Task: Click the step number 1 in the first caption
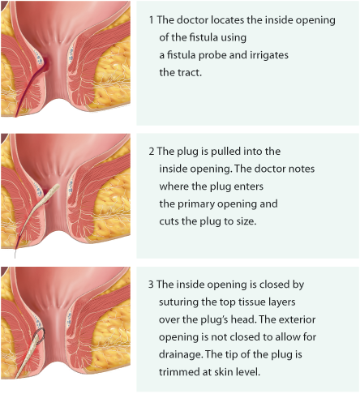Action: coord(151,20)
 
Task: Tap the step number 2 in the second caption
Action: coord(152,152)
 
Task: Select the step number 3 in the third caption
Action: coord(151,285)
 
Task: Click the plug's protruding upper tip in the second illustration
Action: coord(57,186)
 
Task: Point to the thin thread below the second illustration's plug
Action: coord(15,254)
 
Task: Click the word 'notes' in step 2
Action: coord(302,169)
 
